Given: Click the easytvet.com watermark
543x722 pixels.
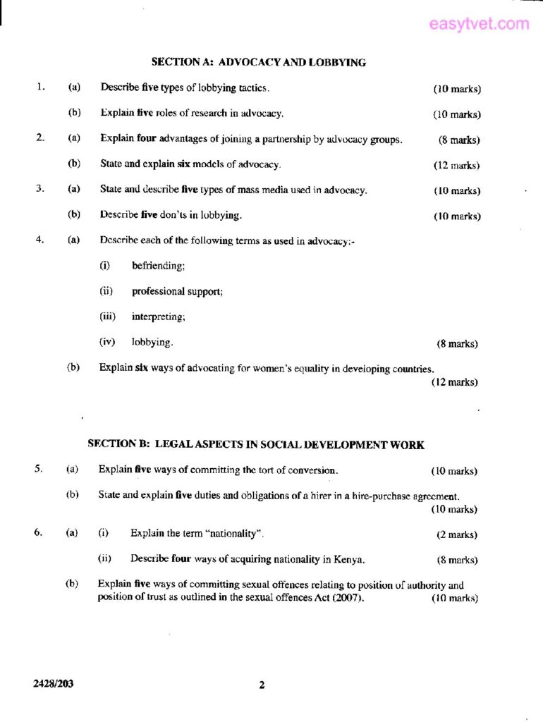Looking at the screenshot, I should point(479,24).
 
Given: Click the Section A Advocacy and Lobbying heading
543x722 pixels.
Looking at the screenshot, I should point(258,63).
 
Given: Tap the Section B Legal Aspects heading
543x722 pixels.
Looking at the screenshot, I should point(255,445).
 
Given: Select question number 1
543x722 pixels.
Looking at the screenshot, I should point(41,88).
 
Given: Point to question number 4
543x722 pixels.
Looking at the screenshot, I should point(41,240).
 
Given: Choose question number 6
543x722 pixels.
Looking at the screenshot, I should point(38,533).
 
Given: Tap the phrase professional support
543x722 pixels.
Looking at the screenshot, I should point(177,291).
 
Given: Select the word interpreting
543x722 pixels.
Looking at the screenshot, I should point(158,317).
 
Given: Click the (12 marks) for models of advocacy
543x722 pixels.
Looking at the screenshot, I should point(456,166).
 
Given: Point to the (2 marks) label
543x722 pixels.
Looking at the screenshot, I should point(456,534).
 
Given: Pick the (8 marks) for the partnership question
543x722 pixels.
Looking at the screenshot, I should point(458,140).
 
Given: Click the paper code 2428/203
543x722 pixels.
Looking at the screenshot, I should point(53,684).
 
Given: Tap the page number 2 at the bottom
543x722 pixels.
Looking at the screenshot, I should point(262,685).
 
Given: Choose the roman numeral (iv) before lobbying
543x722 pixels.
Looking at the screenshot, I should point(106,342).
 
